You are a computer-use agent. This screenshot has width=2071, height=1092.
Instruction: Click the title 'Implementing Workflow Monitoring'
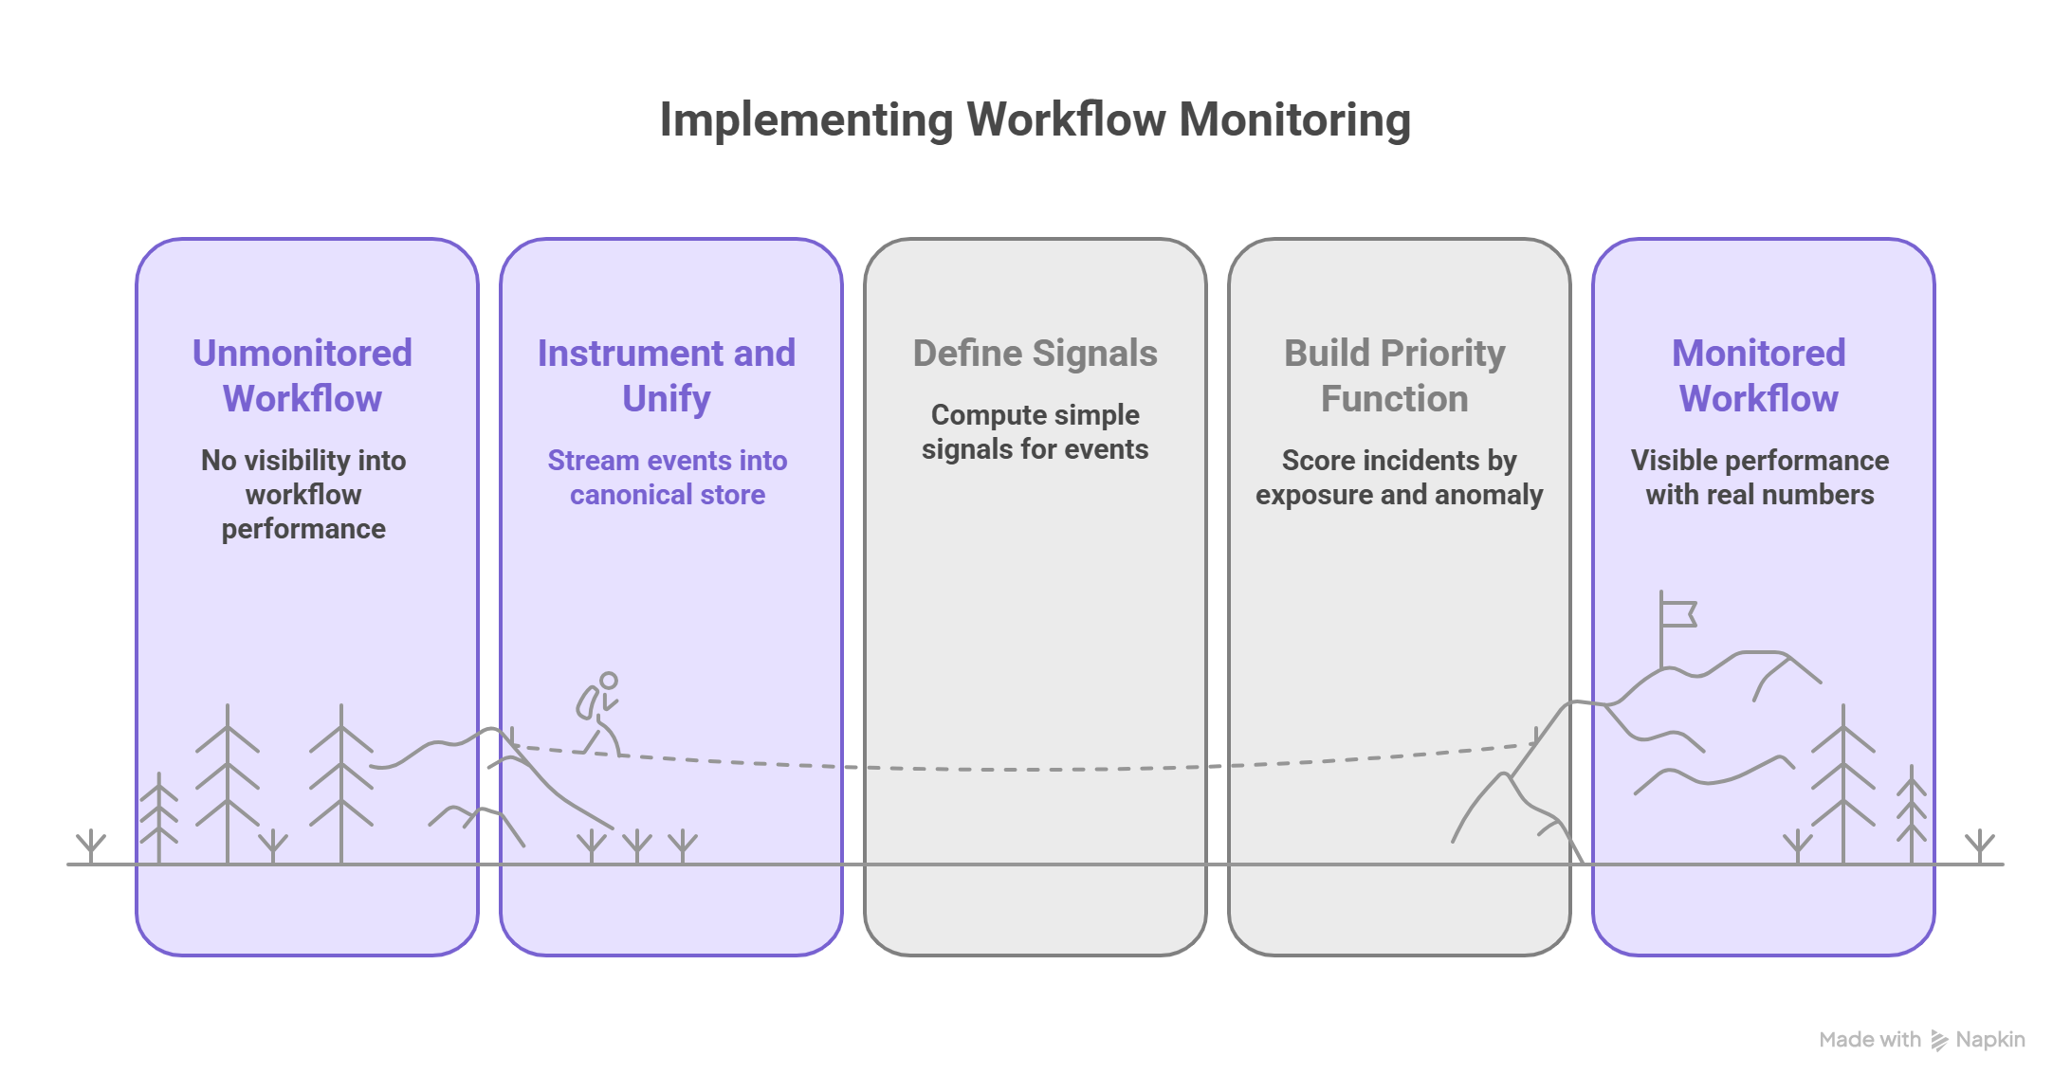[1035, 120]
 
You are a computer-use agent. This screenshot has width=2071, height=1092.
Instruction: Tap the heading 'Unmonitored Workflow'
[302, 375]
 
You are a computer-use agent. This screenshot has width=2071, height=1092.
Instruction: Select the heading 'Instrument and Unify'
[667, 375]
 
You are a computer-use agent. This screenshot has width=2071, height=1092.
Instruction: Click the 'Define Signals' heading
[1035, 354]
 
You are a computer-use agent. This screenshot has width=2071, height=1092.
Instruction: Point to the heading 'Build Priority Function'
[1394, 375]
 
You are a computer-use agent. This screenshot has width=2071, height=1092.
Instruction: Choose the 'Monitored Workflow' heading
[1758, 375]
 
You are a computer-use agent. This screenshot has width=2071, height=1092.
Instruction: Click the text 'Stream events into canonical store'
[667, 478]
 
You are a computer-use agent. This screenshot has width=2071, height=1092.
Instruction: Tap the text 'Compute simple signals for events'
[1035, 432]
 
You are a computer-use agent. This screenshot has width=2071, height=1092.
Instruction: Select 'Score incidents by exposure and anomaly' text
[1399, 478]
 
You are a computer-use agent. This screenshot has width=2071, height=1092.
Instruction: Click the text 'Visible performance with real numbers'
[1759, 478]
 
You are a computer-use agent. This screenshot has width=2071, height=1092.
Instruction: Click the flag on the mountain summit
[1678, 614]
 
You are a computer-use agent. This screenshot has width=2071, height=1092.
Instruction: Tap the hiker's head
[609, 680]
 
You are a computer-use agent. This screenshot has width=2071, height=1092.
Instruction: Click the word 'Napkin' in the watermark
[1990, 1040]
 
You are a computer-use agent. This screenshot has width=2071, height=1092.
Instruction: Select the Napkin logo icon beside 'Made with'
[1939, 1041]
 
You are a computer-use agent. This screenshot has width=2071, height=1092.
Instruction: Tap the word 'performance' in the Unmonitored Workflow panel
[303, 529]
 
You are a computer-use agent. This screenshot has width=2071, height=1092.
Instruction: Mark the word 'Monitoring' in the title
[1294, 120]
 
